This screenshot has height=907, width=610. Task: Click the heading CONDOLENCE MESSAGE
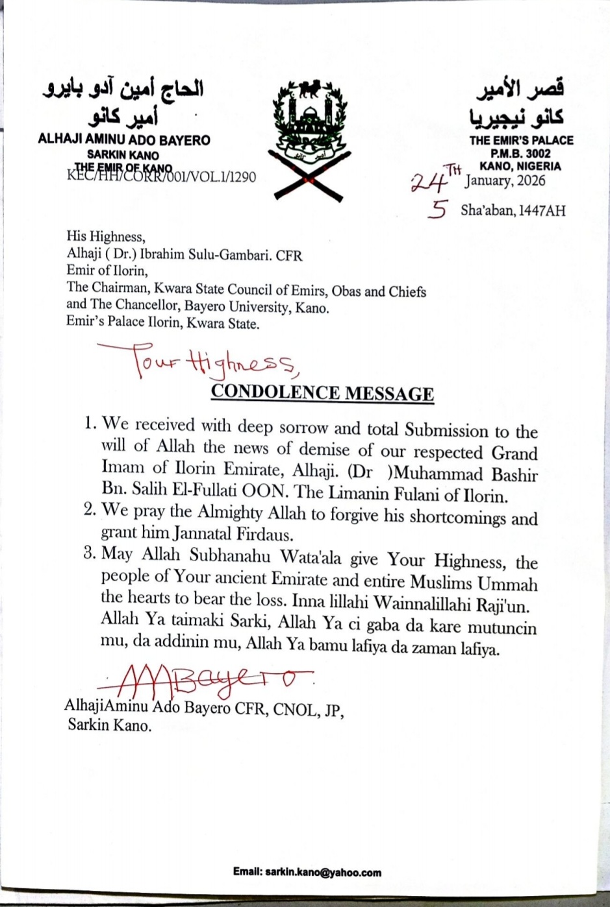tap(322, 393)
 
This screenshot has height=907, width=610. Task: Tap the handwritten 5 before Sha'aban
tap(438, 210)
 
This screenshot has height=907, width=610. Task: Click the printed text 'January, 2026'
tap(505, 180)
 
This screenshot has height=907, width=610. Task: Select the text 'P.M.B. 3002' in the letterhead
tap(520, 154)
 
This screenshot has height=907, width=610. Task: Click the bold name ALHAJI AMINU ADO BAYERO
tap(124, 139)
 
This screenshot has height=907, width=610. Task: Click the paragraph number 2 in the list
tap(90, 510)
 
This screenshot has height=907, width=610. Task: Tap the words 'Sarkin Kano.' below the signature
tap(109, 725)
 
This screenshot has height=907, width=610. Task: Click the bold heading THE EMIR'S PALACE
tap(521, 140)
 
